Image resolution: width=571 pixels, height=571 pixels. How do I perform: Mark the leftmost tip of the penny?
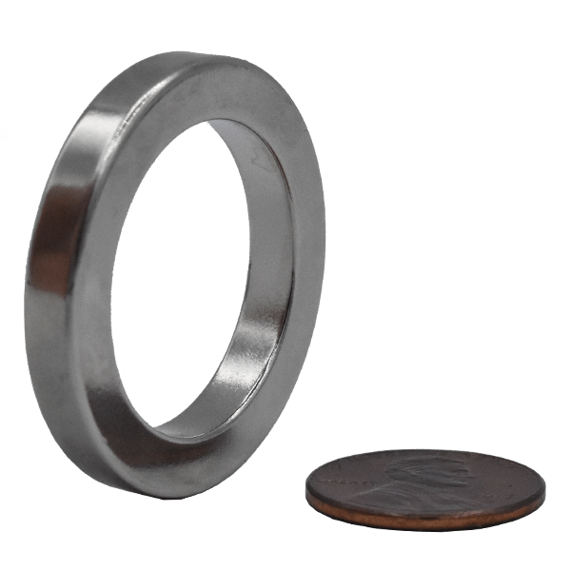305,491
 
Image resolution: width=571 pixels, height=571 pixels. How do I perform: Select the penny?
425,488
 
